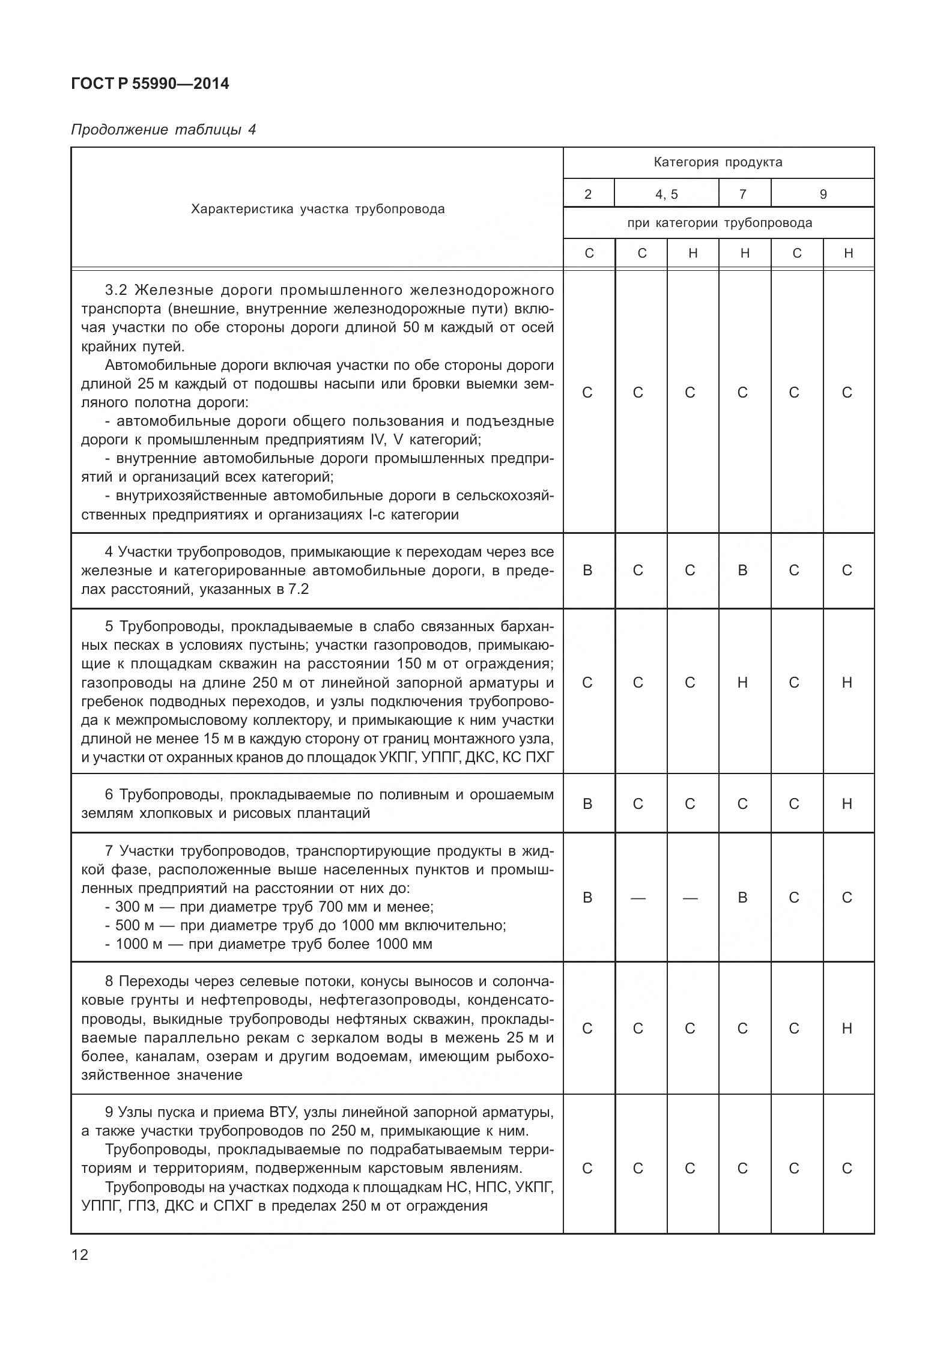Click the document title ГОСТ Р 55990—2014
pos(150,83)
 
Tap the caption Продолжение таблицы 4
pos(163,130)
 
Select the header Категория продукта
pos(718,162)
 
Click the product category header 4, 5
pos(666,194)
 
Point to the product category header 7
pos(743,194)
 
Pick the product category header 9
pos(823,194)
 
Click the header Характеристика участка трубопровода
pos(318,209)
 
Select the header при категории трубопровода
pos(719,223)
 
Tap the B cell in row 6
pos(587,804)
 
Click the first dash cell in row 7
pos(638,897)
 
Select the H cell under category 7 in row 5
pos(743,682)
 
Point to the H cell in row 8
pos(847,1029)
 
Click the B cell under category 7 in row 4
pos(743,570)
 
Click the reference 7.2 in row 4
pos(298,589)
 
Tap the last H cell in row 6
pos(847,804)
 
